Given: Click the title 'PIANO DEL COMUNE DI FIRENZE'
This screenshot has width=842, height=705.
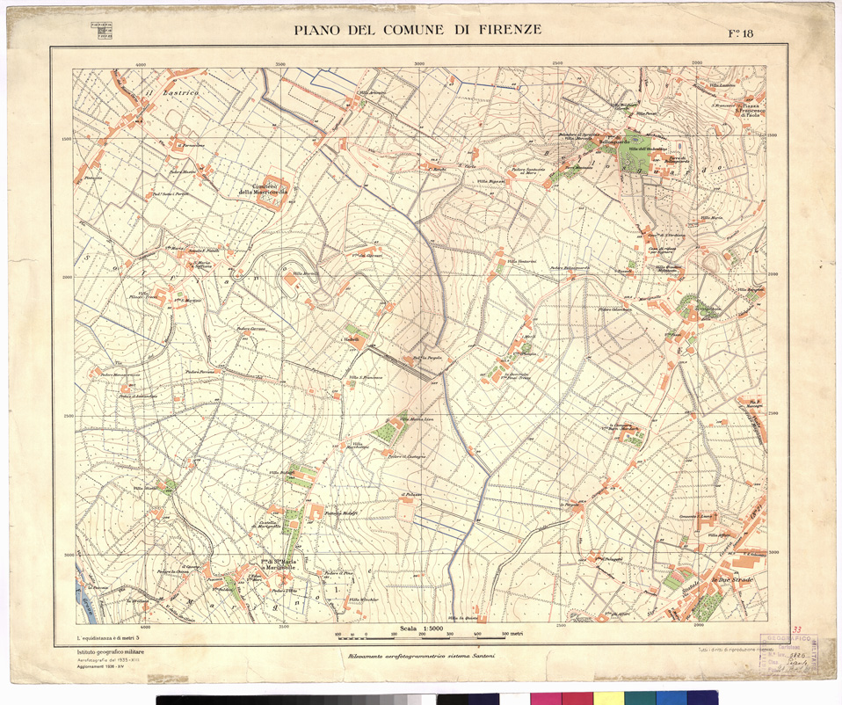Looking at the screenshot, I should point(417,30).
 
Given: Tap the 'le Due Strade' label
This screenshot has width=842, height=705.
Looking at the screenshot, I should point(727,579).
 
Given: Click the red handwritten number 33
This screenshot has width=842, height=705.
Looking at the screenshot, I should point(796,629).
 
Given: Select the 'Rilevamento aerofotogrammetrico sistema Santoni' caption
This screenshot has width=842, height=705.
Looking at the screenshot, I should point(422,657).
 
